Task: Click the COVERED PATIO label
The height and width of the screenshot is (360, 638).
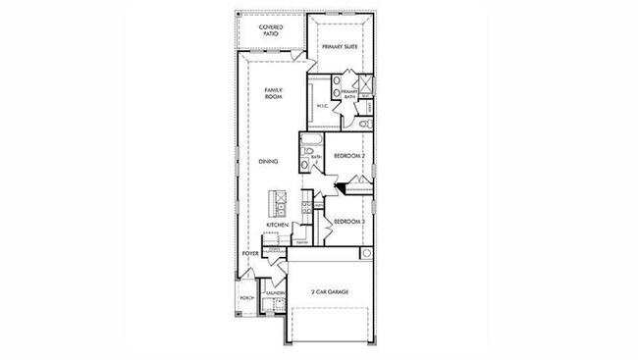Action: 271,29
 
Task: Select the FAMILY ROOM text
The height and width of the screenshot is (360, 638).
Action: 273,94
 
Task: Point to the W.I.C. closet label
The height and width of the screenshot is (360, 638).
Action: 321,106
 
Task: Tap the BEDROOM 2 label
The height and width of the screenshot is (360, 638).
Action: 349,156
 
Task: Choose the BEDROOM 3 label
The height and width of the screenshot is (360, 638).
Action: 349,223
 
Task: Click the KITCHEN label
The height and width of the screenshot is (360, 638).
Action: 278,226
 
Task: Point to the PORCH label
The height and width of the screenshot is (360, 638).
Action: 247,297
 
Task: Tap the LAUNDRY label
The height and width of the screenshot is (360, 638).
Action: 274,292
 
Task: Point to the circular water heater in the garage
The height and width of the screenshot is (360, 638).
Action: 367,253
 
